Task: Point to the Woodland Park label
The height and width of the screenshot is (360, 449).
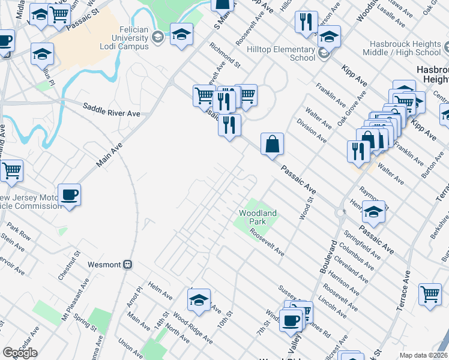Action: (258, 217)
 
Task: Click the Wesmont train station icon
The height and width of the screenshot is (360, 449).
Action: (127, 264)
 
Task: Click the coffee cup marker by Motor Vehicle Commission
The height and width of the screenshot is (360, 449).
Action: (69, 194)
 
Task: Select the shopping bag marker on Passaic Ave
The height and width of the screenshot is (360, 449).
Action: (272, 144)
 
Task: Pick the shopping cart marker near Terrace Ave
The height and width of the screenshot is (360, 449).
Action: (430, 295)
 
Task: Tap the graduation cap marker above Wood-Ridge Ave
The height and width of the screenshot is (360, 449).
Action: (199, 299)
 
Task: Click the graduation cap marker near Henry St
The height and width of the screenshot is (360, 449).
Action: (373, 212)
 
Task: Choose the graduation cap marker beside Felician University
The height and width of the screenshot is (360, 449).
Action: (181, 34)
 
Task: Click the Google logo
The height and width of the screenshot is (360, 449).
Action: (20, 352)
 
